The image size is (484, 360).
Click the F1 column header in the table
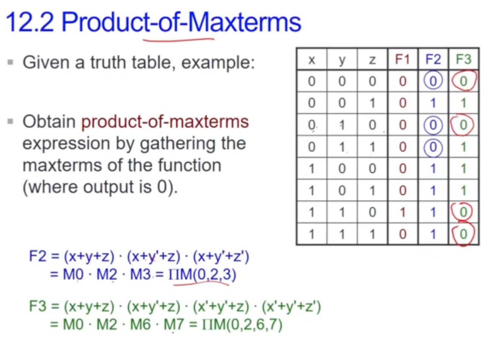(402, 59)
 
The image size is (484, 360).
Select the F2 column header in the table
(433, 59)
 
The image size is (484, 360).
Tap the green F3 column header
(464, 59)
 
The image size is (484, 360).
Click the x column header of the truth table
(312, 60)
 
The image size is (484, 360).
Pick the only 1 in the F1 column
(402, 212)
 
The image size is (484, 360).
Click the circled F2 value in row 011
(433, 147)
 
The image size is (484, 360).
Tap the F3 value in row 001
(464, 103)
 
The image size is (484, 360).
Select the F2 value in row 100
(433, 169)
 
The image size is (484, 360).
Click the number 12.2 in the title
(29, 22)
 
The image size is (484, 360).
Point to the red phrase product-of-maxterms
(165, 122)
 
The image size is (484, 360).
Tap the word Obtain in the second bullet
(49, 121)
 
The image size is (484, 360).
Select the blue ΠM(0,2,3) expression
(202, 274)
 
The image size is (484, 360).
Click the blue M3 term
(140, 274)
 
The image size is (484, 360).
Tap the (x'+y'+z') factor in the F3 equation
(292, 306)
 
